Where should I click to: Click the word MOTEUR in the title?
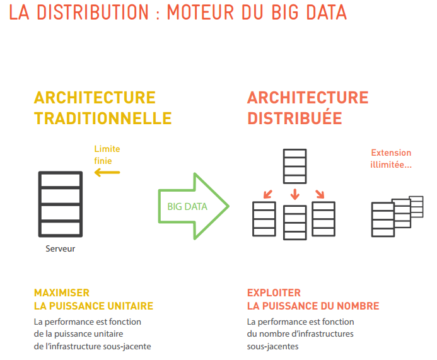(x=201, y=12)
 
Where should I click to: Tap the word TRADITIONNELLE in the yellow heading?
(x=103, y=118)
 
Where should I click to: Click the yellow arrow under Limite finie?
(x=107, y=173)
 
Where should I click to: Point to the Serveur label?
(x=60, y=248)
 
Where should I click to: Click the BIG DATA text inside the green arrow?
(x=187, y=206)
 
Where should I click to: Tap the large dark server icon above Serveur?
(x=61, y=204)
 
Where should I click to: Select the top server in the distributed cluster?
(x=295, y=166)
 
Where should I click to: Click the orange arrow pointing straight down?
(x=295, y=194)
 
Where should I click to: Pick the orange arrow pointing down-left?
(x=268, y=194)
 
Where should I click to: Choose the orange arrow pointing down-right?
(x=320, y=194)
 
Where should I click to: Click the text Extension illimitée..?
(x=391, y=158)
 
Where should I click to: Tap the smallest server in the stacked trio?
(x=416, y=207)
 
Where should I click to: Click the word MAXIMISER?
(x=62, y=293)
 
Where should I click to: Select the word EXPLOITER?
(x=274, y=293)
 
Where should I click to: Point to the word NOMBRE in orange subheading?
(x=358, y=306)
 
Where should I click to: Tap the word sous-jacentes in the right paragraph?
(x=272, y=346)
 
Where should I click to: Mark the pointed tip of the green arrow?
(x=229, y=206)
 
